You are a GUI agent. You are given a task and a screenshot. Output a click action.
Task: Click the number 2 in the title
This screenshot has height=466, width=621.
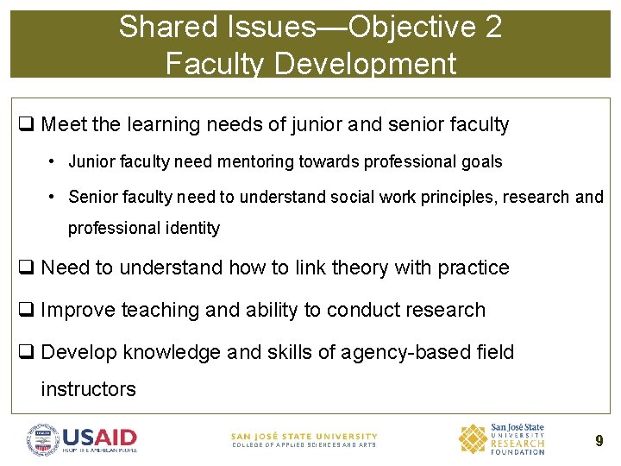(493, 27)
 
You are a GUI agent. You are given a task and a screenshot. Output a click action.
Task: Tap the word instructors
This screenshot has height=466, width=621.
(88, 389)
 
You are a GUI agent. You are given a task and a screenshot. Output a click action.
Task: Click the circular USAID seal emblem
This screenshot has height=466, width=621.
(43, 440)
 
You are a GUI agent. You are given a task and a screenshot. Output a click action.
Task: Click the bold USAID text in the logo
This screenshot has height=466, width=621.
(99, 437)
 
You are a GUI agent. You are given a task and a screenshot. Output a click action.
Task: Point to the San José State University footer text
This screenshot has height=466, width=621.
(304, 437)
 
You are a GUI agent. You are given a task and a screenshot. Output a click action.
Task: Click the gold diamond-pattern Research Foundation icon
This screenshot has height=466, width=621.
(472, 439)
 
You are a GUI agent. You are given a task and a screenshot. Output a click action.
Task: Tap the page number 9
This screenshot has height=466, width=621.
(599, 441)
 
